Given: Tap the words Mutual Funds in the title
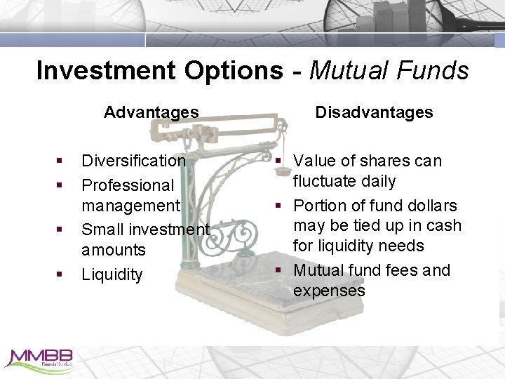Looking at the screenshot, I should [x=389, y=70].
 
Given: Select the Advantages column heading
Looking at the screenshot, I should [x=151, y=112].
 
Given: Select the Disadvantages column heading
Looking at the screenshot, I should [x=374, y=112].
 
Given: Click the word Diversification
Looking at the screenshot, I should [x=133, y=161].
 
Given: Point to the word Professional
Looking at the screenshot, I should [x=128, y=185].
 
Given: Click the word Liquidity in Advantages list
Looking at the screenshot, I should [x=112, y=274].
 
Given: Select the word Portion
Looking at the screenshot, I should [x=319, y=206].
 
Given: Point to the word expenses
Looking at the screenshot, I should [x=329, y=291].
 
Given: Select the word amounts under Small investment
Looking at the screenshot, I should [x=114, y=250].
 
